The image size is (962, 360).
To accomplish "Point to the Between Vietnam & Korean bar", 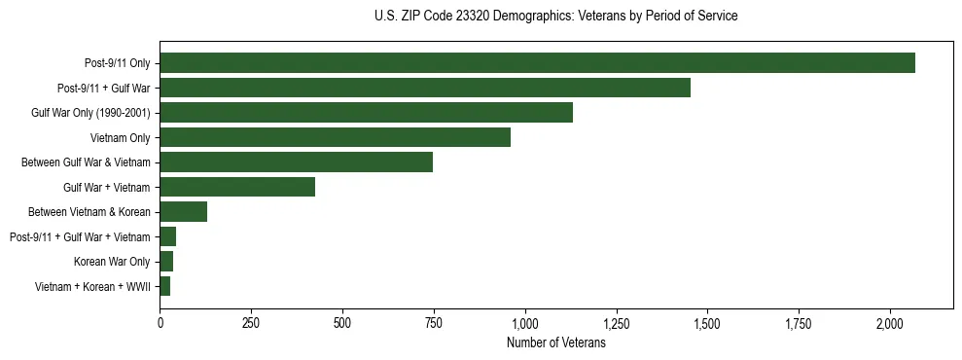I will click(183, 212).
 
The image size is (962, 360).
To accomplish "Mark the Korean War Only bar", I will click(166, 262).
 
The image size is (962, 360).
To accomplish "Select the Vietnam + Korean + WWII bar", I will click(165, 286).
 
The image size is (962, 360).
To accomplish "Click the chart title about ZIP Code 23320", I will click(555, 17).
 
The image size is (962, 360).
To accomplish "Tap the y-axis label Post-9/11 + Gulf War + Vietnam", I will click(80, 236).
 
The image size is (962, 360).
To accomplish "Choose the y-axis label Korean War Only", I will click(112, 262).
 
